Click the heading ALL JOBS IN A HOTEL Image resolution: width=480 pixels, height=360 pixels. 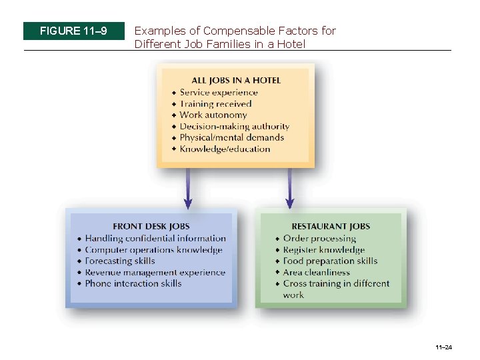click(235, 81)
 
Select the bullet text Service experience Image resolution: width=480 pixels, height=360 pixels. click(218, 93)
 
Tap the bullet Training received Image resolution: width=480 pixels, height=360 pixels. click(215, 104)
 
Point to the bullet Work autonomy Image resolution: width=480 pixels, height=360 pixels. click(213, 115)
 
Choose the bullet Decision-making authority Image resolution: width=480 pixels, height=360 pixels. click(234, 127)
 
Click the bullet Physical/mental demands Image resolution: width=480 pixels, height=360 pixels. click(231, 138)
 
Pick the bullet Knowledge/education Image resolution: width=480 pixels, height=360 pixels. click(225, 149)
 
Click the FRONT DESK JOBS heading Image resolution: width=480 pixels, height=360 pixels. click(151, 227)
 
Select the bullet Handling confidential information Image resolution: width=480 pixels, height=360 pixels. click(155, 239)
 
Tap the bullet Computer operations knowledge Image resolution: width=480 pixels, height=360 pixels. click(153, 250)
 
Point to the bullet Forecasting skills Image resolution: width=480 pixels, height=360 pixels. click(120, 261)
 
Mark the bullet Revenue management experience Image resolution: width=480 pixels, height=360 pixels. click(155, 273)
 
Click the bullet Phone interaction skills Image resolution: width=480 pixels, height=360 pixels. click(133, 284)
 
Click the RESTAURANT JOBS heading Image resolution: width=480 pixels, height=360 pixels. click(331, 227)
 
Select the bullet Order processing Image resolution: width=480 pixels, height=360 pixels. click(319, 239)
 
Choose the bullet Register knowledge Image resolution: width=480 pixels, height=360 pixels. click(324, 250)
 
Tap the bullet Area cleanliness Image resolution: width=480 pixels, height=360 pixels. click(316, 273)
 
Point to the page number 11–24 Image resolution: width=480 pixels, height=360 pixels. click(443, 347)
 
